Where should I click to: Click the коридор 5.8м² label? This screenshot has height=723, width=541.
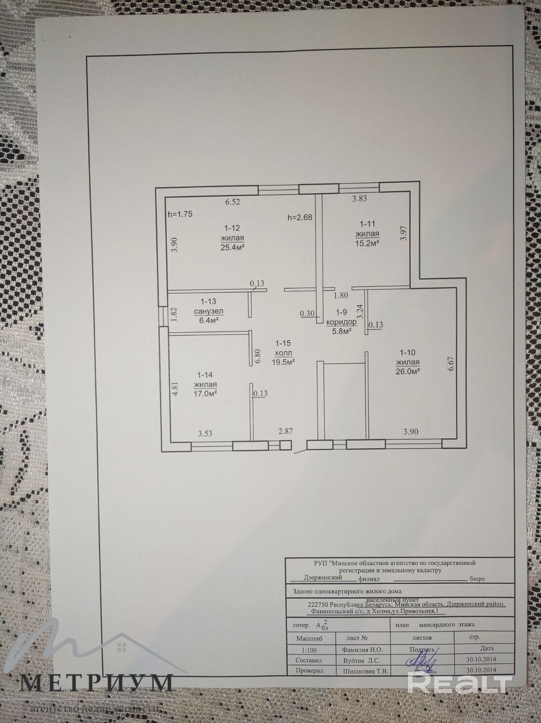pos(341,322)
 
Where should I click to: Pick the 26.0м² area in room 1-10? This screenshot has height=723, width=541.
pos(408,371)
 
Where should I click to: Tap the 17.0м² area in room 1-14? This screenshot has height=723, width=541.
pos(205,393)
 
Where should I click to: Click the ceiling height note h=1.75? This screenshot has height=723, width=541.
pos(180,214)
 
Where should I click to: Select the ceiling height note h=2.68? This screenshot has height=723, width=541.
pos(299,217)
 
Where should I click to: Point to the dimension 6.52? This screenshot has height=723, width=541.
pos(233,202)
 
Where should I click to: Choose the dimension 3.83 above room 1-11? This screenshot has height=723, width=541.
pos(360,198)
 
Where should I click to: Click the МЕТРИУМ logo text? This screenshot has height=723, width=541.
pos(96,683)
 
